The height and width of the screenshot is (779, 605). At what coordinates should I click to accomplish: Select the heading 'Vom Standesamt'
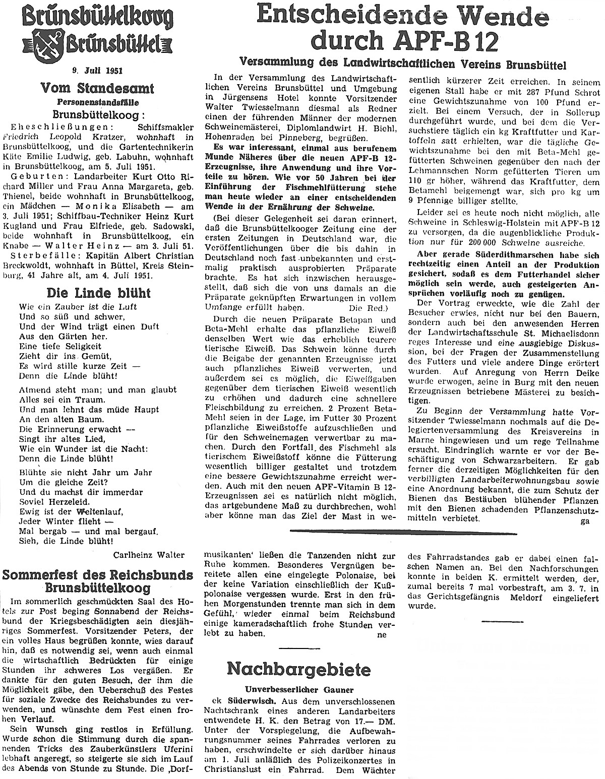click(x=98, y=89)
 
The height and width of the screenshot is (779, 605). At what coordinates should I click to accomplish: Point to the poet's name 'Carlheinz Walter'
click(x=150, y=554)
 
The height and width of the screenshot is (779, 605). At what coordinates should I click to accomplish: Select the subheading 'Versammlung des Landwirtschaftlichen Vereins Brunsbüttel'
click(x=403, y=65)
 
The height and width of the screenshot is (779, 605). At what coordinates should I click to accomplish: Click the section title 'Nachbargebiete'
click(x=298, y=669)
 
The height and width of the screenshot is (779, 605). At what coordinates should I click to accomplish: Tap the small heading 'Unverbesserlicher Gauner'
click(x=298, y=689)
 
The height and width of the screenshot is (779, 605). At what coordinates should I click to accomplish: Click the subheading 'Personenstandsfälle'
click(x=98, y=101)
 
